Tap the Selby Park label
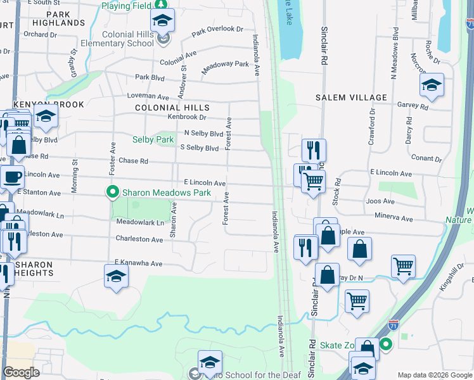coord(153,139)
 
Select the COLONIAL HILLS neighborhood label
coord(172,108)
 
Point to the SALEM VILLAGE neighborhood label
coord(352,98)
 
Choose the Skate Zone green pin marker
coord(386,345)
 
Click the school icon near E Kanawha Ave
coord(117,276)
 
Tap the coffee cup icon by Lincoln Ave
coord(11,177)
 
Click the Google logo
coord(22,372)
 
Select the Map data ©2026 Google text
coord(435,375)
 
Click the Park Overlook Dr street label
coord(217,30)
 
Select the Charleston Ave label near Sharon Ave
coord(139,239)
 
